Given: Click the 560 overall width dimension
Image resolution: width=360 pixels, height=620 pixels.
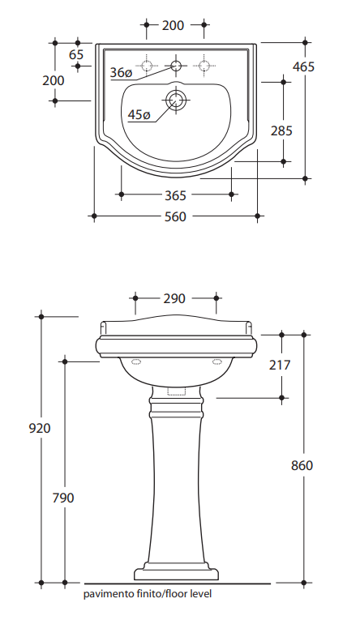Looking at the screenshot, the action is [175, 216].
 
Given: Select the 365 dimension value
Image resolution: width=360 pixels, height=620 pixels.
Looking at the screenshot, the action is [175, 195].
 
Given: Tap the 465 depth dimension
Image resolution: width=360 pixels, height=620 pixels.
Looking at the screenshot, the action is [303, 66].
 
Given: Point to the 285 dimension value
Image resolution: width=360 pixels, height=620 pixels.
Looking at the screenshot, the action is [281, 130].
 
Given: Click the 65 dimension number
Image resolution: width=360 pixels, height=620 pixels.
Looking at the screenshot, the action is [76, 54].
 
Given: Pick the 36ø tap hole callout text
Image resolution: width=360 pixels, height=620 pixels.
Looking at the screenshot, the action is [121, 73].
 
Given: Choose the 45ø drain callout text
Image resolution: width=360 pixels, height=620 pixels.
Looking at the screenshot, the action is [139, 115].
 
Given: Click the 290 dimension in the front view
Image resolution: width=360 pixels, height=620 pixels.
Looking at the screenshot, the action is [174, 298].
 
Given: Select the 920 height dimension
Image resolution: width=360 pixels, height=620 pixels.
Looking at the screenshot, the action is [40, 428].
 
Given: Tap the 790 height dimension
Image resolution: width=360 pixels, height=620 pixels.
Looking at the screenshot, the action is [63, 498].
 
